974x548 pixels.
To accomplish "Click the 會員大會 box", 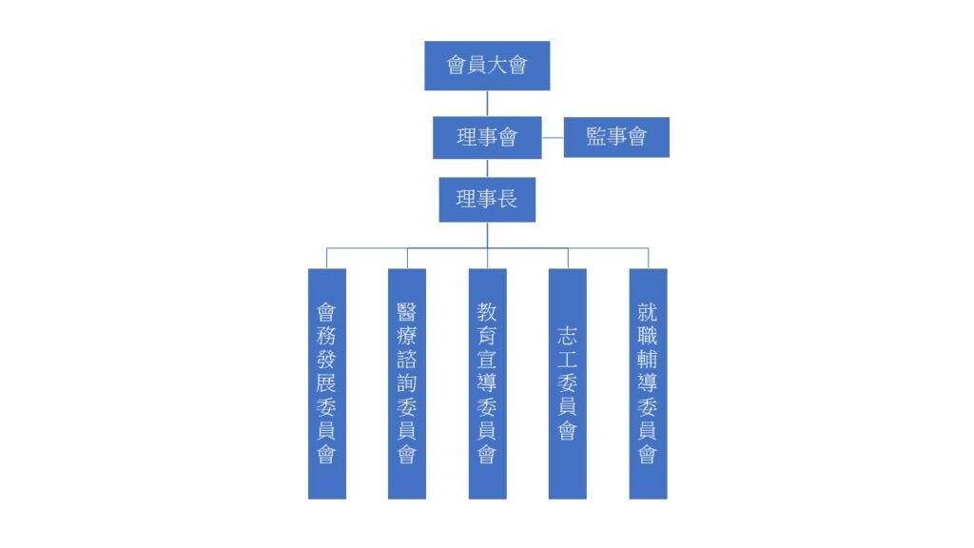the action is tap(487, 66).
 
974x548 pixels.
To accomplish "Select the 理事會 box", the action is tap(487, 137).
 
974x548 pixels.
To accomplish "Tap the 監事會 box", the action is tap(616, 137).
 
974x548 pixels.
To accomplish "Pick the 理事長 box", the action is tap(487, 200).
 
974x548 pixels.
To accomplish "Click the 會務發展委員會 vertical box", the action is tap(327, 383).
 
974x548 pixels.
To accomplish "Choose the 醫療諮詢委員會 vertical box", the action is tap(407, 383).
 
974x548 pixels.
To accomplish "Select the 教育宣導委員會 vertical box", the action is tap(487, 383).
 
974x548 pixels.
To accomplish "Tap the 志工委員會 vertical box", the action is tap(567, 383).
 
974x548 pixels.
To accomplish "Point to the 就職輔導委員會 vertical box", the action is tap(648, 383).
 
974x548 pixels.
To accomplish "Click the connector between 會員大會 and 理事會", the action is tap(487, 104).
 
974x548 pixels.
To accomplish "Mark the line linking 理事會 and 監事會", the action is tap(553, 138).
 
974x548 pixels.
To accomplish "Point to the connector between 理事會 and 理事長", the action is tap(487, 168).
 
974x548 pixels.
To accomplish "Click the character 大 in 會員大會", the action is tap(497, 65).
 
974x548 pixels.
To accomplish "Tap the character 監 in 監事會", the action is tap(595, 137).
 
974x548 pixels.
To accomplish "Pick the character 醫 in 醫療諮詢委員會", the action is tap(407, 312).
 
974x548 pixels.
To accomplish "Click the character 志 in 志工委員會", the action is tap(567, 336).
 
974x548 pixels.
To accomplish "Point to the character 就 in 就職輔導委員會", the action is tap(648, 312).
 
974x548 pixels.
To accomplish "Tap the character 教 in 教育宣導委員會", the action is tap(487, 312).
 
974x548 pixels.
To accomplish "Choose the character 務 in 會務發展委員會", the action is tap(327, 336).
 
